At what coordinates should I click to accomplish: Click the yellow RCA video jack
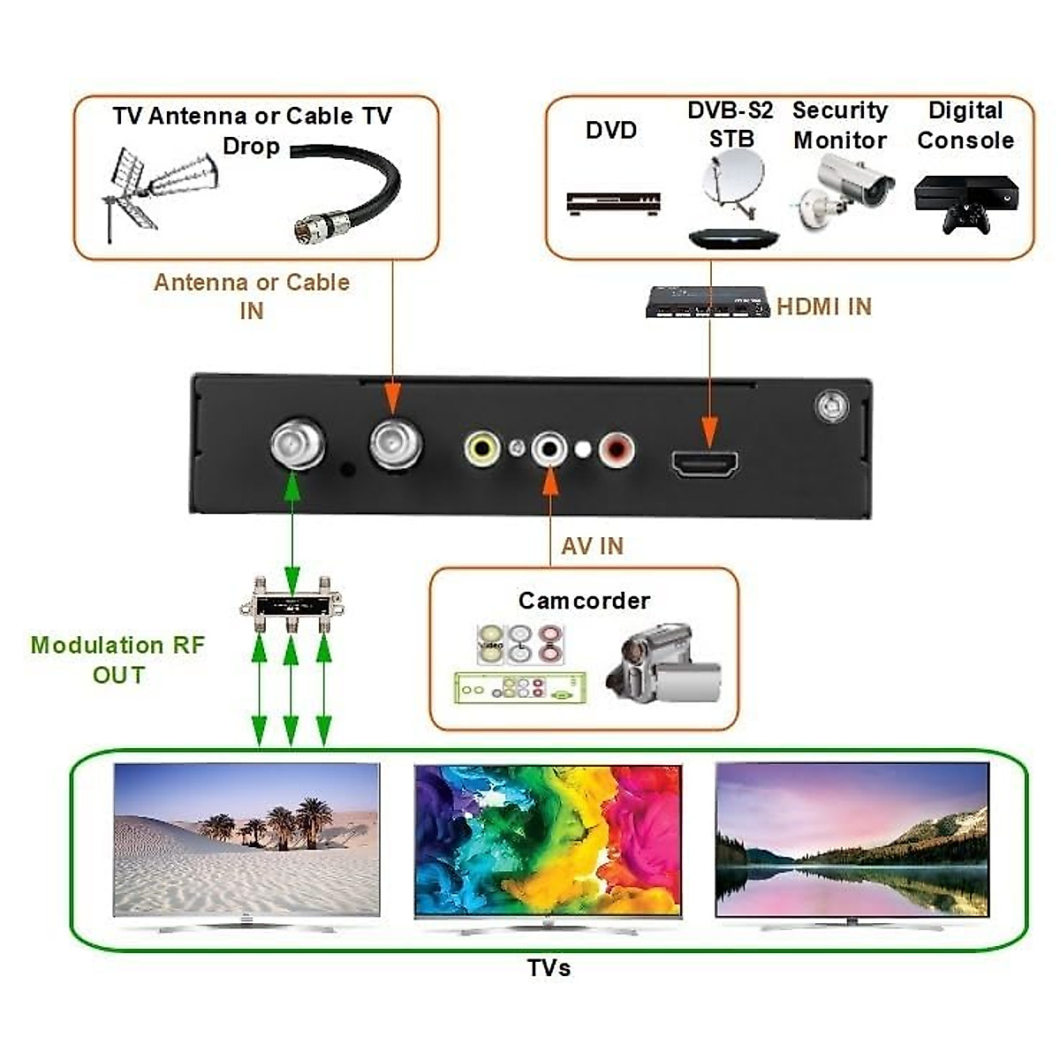(x=482, y=449)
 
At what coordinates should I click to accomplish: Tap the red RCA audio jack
(x=616, y=450)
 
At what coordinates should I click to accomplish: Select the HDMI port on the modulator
(x=705, y=463)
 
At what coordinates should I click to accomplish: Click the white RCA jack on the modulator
(x=549, y=449)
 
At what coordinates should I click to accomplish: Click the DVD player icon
(x=613, y=202)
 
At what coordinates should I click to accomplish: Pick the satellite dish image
(x=733, y=181)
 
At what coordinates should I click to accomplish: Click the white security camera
(x=845, y=190)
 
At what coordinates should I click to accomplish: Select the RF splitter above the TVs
(x=291, y=604)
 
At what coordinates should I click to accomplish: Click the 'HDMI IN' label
(x=823, y=307)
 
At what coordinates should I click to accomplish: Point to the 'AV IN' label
(x=592, y=546)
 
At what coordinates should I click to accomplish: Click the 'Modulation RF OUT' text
(x=117, y=659)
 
